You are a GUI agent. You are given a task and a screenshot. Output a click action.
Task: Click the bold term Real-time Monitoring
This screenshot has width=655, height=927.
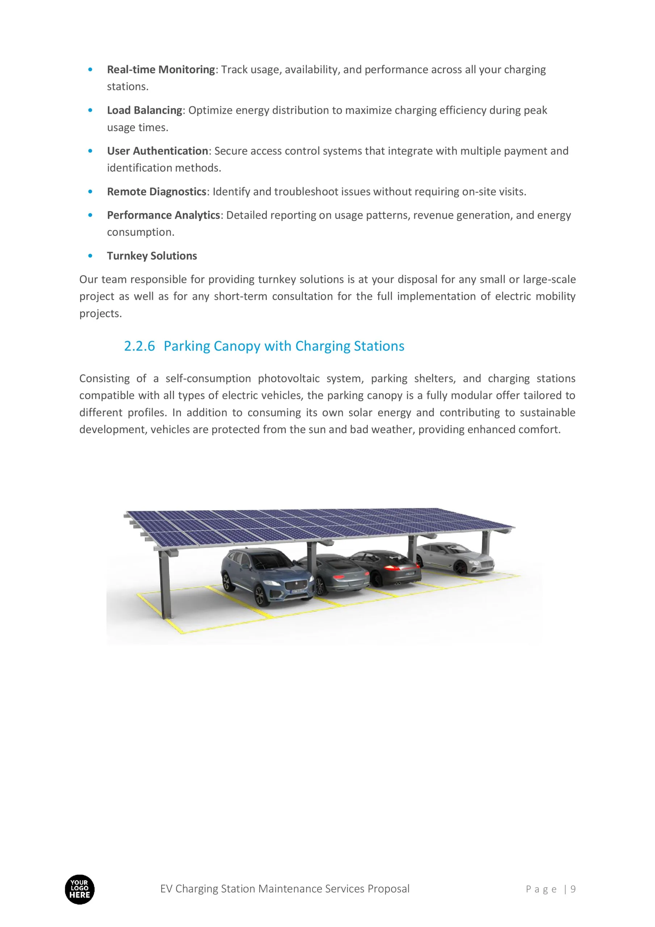(161, 70)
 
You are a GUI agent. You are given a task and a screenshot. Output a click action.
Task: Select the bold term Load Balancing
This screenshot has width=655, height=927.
(144, 110)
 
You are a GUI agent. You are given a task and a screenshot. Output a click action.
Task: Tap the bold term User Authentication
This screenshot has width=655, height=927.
(158, 151)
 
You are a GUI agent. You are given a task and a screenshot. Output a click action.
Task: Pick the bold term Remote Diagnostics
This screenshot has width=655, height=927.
(157, 192)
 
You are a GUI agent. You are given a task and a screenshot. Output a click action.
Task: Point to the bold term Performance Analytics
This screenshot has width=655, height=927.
(164, 215)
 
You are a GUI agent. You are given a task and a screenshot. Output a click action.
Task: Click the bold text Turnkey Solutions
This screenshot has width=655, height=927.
(152, 256)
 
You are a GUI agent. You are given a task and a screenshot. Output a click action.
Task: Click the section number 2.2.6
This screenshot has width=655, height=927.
(139, 346)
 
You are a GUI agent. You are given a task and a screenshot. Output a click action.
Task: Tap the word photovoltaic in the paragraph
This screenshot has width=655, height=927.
(288, 378)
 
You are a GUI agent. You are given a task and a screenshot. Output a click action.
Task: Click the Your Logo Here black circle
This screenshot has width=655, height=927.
(80, 889)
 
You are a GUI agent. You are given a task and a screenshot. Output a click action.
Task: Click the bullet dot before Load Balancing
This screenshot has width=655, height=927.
(90, 110)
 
